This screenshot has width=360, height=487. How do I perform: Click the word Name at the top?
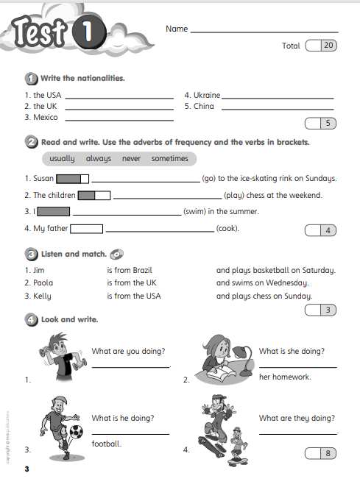click(x=177, y=29)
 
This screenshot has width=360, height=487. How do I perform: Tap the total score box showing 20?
click(x=322, y=46)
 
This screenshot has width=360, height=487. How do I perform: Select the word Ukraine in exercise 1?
click(x=205, y=95)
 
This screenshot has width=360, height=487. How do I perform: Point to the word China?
click(x=204, y=106)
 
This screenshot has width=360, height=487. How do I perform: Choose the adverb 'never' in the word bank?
click(x=131, y=158)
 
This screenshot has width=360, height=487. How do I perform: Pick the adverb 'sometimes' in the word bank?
click(x=170, y=158)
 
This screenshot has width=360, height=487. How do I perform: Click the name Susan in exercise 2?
click(x=39, y=178)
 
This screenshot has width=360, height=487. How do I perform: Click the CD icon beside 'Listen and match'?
click(x=116, y=255)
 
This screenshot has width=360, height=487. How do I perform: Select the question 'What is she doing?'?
click(x=292, y=352)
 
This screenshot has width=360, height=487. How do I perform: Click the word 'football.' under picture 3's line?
click(x=107, y=444)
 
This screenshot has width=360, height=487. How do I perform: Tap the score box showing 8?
click(x=322, y=453)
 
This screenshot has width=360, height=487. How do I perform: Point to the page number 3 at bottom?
click(x=27, y=469)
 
